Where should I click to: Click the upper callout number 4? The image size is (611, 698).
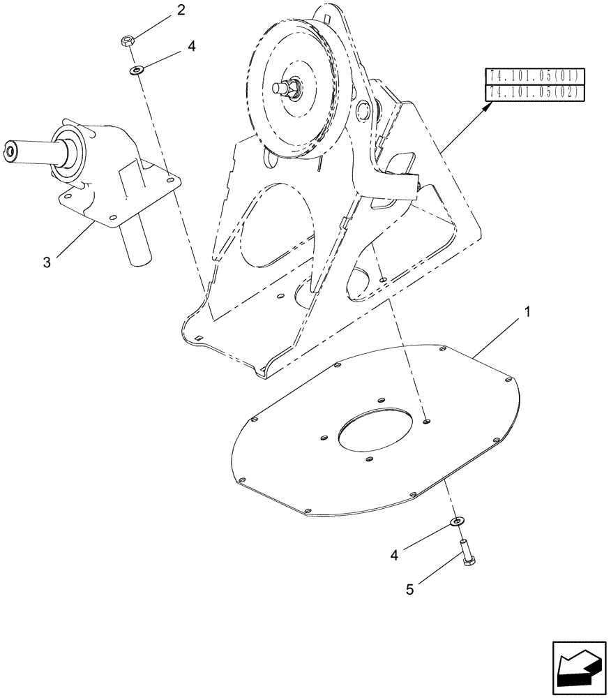[191, 47]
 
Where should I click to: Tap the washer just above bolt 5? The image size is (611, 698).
[457, 521]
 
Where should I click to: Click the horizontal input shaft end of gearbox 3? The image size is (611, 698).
[12, 149]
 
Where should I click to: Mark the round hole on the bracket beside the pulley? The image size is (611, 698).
[364, 110]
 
